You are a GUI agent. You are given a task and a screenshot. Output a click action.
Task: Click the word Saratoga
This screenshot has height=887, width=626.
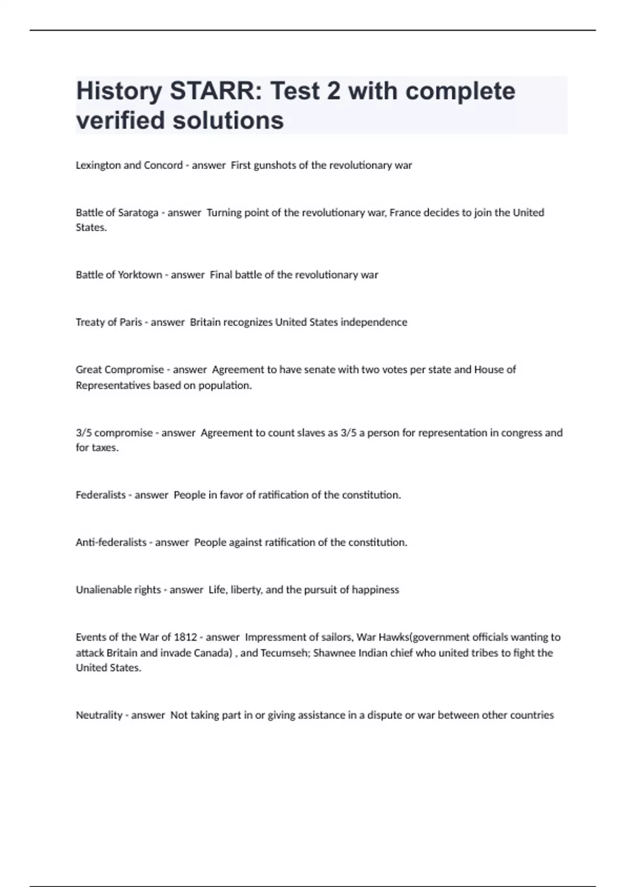[x=138, y=213]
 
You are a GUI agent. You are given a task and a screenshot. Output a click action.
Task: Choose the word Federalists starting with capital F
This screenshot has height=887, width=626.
[x=101, y=495]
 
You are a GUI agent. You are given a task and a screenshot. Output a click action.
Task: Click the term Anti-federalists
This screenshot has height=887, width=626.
[x=111, y=543]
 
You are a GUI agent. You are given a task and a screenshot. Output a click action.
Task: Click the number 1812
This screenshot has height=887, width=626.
[x=185, y=638]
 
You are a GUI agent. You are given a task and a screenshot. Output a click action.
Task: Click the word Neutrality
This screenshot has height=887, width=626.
[x=99, y=715]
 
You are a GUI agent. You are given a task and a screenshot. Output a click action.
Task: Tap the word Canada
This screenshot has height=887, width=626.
[x=212, y=653]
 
